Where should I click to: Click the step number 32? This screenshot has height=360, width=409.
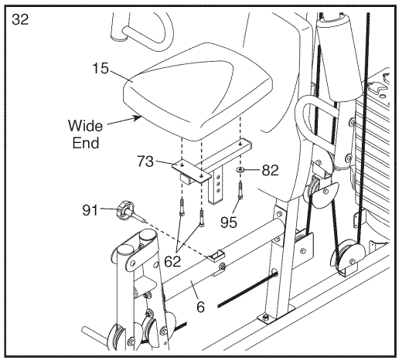tap(20, 19)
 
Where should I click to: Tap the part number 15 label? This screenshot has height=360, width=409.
tap(101, 68)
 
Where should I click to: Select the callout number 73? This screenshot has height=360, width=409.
tap(145, 161)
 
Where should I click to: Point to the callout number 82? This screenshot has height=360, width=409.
tap(271, 171)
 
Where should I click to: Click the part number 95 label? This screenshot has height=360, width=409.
tap(229, 222)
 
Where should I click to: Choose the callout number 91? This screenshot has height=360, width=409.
tap(90, 210)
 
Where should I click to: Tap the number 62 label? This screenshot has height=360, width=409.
tap(172, 261)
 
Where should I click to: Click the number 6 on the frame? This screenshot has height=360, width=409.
tap(200, 307)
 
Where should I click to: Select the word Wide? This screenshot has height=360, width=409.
tap(85, 126)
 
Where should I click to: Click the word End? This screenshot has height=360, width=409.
tap(86, 143)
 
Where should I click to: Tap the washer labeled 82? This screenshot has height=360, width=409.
tap(240, 170)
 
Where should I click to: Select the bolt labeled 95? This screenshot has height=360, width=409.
tap(240, 191)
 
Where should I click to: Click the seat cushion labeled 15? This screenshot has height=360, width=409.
tap(197, 91)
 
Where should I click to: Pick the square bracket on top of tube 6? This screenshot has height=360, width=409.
tap(216, 256)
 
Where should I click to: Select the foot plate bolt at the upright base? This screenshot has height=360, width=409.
tap(266, 317)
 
